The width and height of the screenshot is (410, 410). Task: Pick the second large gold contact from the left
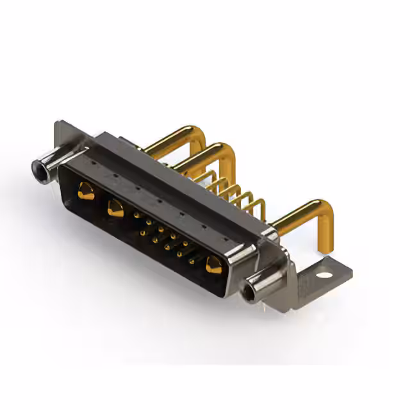click(116, 208)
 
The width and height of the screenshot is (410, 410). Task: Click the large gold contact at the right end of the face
click(213, 265)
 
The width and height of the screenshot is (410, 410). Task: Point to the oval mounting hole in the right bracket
click(325, 275)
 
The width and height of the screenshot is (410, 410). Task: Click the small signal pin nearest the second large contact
click(136, 216)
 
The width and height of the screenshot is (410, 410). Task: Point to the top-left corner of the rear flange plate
click(58, 123)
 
